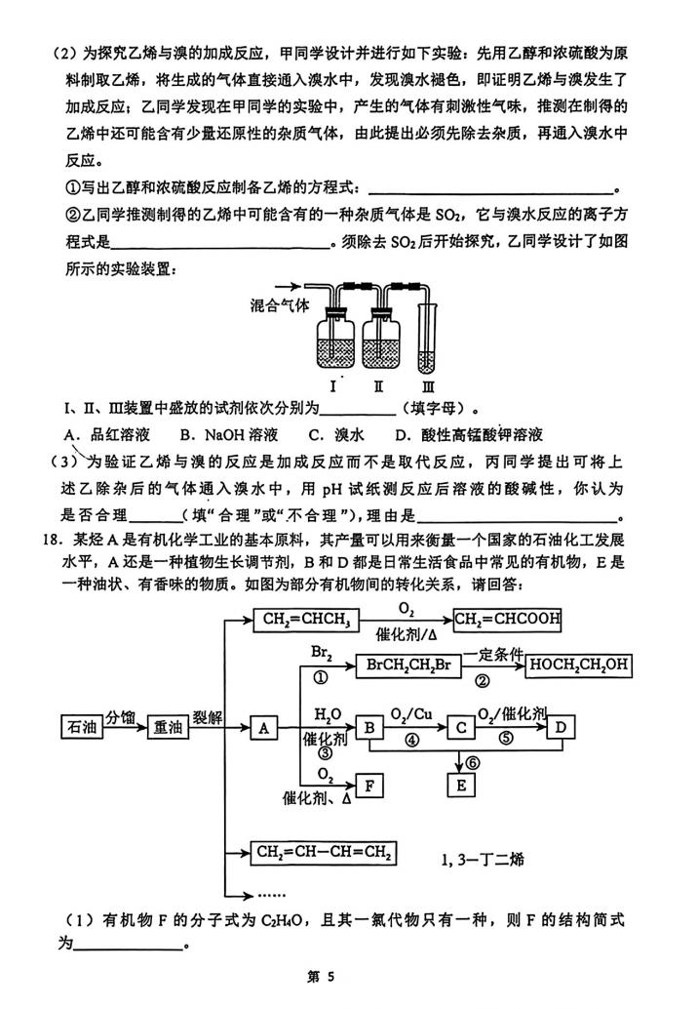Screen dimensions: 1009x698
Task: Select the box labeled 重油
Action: tap(168, 727)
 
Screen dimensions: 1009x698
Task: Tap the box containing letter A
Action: tap(263, 727)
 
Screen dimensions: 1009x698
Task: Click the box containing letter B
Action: tap(369, 727)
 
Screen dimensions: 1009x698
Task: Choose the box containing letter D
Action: tap(560, 727)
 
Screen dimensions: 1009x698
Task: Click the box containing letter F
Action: tap(369, 785)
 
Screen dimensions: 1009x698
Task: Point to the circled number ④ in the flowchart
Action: tap(412, 741)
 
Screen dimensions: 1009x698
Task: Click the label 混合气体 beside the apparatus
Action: tap(279, 305)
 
